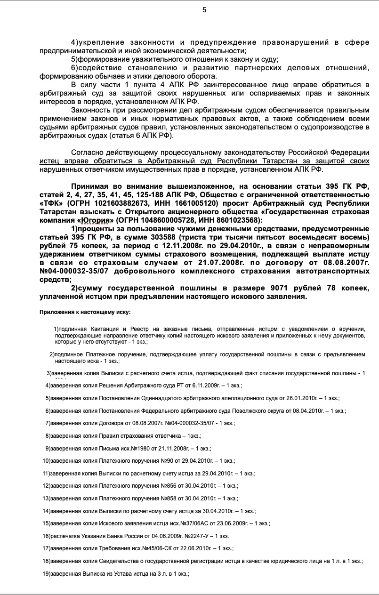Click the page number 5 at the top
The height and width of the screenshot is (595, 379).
click(x=204, y=10)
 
